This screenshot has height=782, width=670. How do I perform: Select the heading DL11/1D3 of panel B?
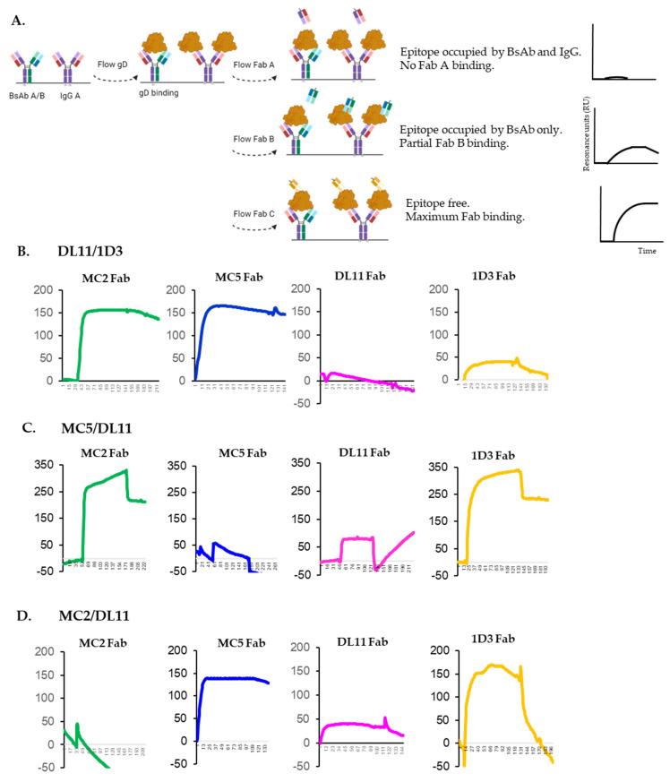click(80, 253)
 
